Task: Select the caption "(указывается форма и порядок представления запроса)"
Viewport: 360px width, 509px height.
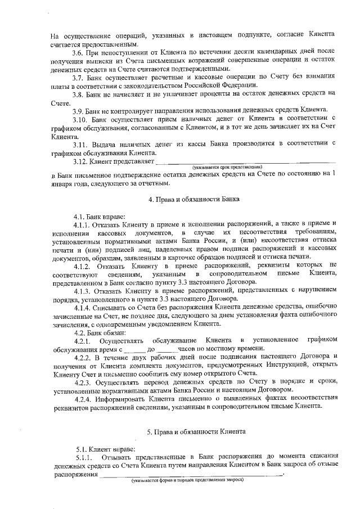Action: click(187, 480)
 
